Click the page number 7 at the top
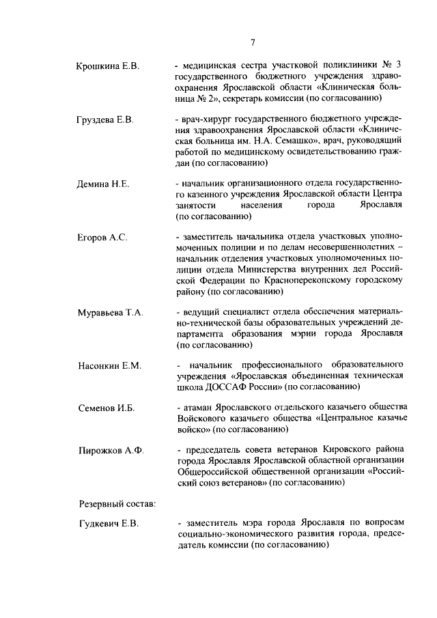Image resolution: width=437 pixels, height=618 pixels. tap(253, 43)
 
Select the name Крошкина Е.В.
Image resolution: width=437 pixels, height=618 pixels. tap(107, 66)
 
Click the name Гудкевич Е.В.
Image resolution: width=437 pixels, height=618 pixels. tap(107, 524)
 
